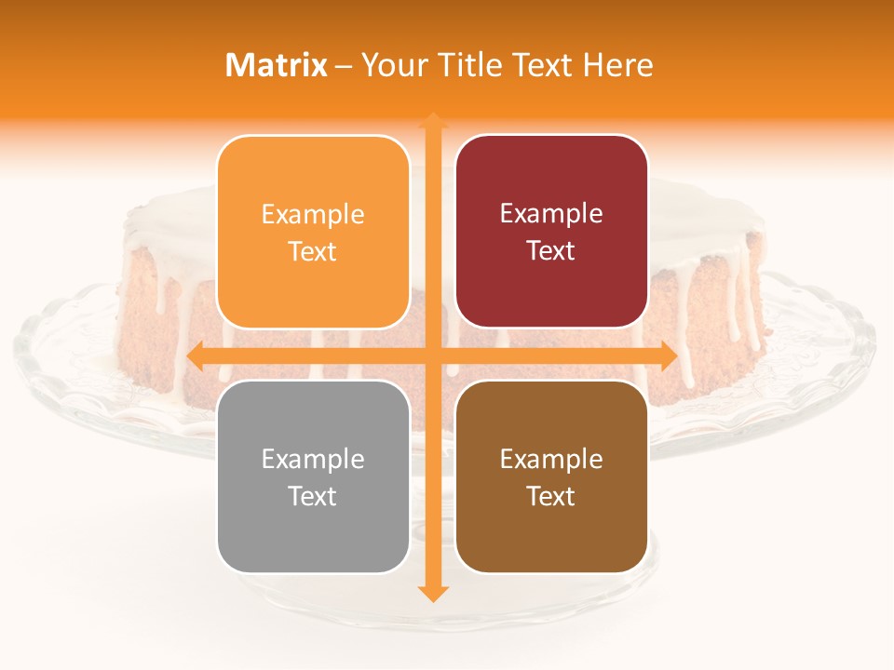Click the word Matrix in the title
(x=277, y=65)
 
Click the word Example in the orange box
(x=313, y=215)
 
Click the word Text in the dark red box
(x=551, y=250)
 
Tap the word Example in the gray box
(x=313, y=460)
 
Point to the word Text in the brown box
(x=551, y=496)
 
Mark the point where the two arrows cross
(x=432, y=355)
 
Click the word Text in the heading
(x=542, y=65)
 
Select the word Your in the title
(x=392, y=65)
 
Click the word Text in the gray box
(x=313, y=496)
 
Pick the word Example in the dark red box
(x=551, y=214)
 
